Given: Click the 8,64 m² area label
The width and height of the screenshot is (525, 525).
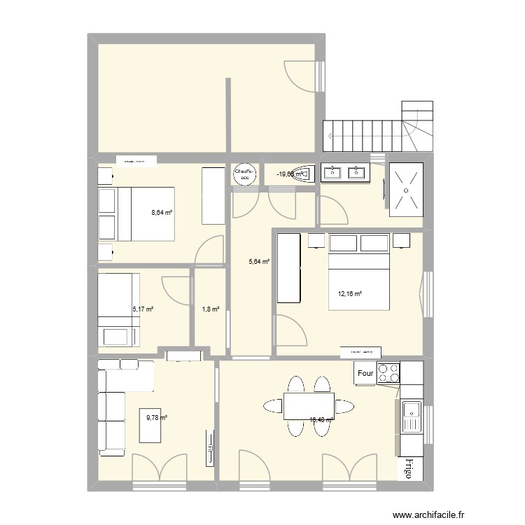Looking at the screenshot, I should coord(162,213).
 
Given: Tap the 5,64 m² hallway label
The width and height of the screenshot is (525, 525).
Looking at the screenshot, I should coord(259,262).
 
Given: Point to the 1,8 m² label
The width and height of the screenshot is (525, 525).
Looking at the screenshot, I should coord(211,309).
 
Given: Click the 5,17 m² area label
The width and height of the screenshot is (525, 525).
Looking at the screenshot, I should coord(143,308).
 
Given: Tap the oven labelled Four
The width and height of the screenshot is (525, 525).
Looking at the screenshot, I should coord(365,373).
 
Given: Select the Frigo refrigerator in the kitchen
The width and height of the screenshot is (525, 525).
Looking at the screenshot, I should coord(405,469).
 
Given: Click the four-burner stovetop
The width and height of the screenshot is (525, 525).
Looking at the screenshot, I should coord(388,373).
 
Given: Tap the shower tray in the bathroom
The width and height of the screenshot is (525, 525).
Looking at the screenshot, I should coord(405,187).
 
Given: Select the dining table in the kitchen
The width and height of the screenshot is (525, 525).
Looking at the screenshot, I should coord(308,405).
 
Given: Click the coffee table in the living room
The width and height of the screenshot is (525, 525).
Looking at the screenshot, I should coord(153,425).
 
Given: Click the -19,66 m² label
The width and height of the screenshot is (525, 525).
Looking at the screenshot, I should coord(290,174).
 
